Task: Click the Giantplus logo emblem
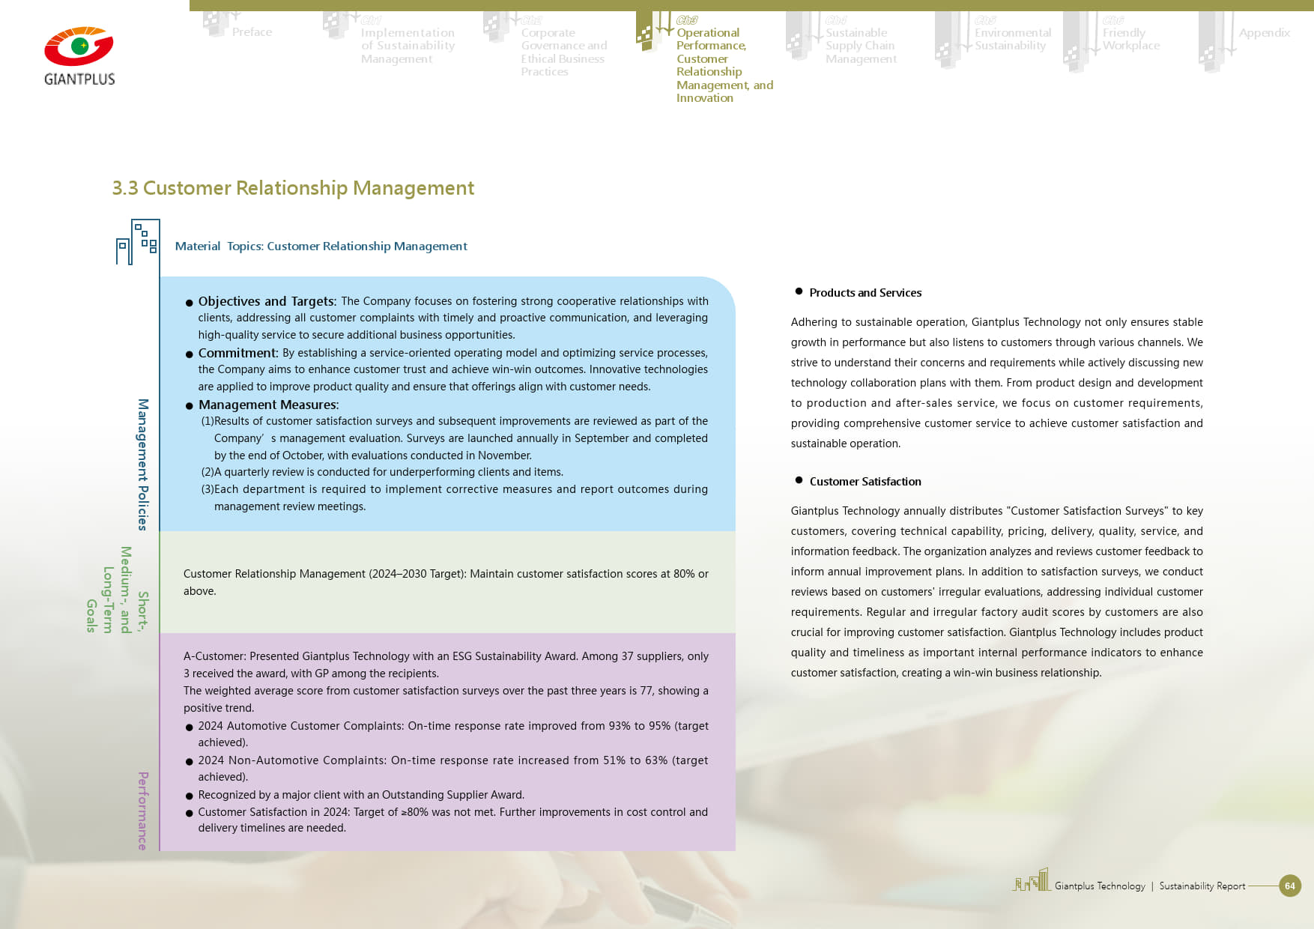pos(79,47)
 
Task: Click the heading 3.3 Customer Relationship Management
pos(293,188)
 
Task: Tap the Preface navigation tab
pos(252,32)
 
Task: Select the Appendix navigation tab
pos(1264,33)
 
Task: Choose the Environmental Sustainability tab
pos(1012,39)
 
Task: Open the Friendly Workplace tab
pos(1130,39)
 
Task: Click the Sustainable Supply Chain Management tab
pos(860,46)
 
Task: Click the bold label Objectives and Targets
pos(267,301)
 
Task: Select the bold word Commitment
pos(237,353)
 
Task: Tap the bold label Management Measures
pos(268,405)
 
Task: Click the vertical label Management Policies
pos(143,464)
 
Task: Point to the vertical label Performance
pos(143,811)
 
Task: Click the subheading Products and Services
pos(865,293)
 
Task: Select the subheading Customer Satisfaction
pos(865,482)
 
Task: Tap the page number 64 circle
pos(1289,886)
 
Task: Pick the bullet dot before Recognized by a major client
pos(190,796)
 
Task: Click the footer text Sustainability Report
pos(1202,886)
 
